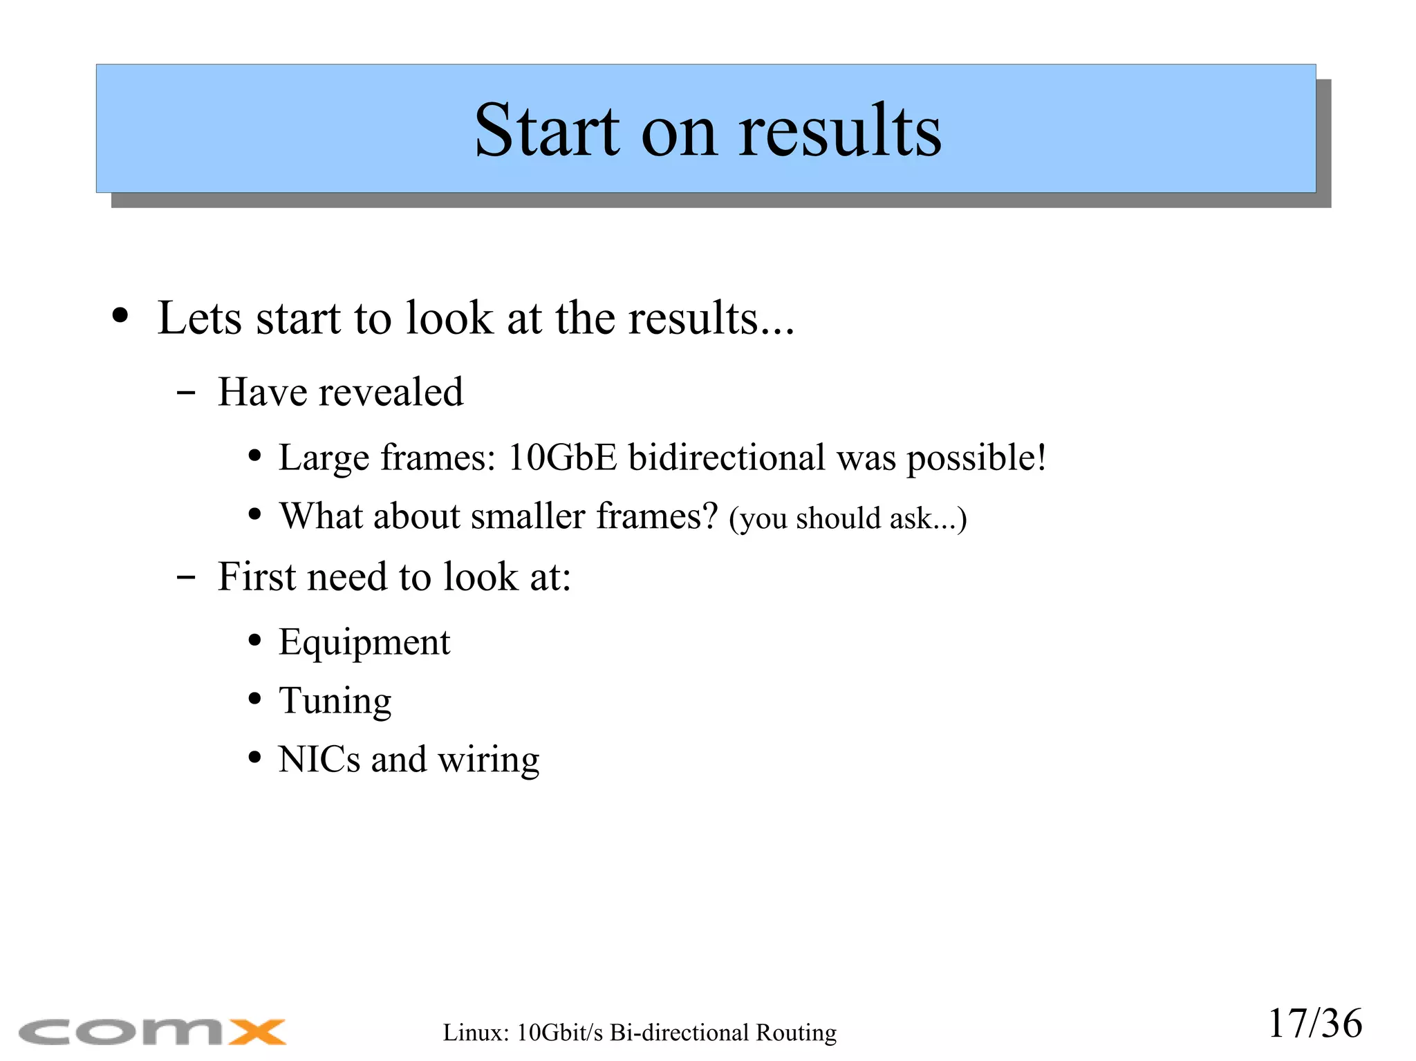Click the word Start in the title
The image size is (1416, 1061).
(x=546, y=131)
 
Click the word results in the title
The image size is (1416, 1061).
(x=839, y=131)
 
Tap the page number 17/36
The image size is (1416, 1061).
(x=1314, y=1024)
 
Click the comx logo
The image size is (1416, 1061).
(x=152, y=1032)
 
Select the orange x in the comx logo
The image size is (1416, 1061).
(x=257, y=1032)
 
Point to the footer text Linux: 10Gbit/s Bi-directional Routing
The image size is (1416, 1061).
(x=640, y=1033)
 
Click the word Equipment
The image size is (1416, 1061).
(x=364, y=643)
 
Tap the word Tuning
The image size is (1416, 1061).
(x=335, y=702)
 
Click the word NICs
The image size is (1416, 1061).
(x=319, y=760)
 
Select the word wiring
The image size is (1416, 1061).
(x=488, y=760)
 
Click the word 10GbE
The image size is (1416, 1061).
(x=561, y=458)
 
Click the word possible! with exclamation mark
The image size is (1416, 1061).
(x=976, y=458)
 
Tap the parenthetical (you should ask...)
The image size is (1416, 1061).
(x=848, y=518)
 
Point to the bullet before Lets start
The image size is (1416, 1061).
(x=120, y=317)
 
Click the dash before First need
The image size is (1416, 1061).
(x=186, y=577)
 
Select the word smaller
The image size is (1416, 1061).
(x=528, y=516)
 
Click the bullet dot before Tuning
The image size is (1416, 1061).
(x=255, y=699)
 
